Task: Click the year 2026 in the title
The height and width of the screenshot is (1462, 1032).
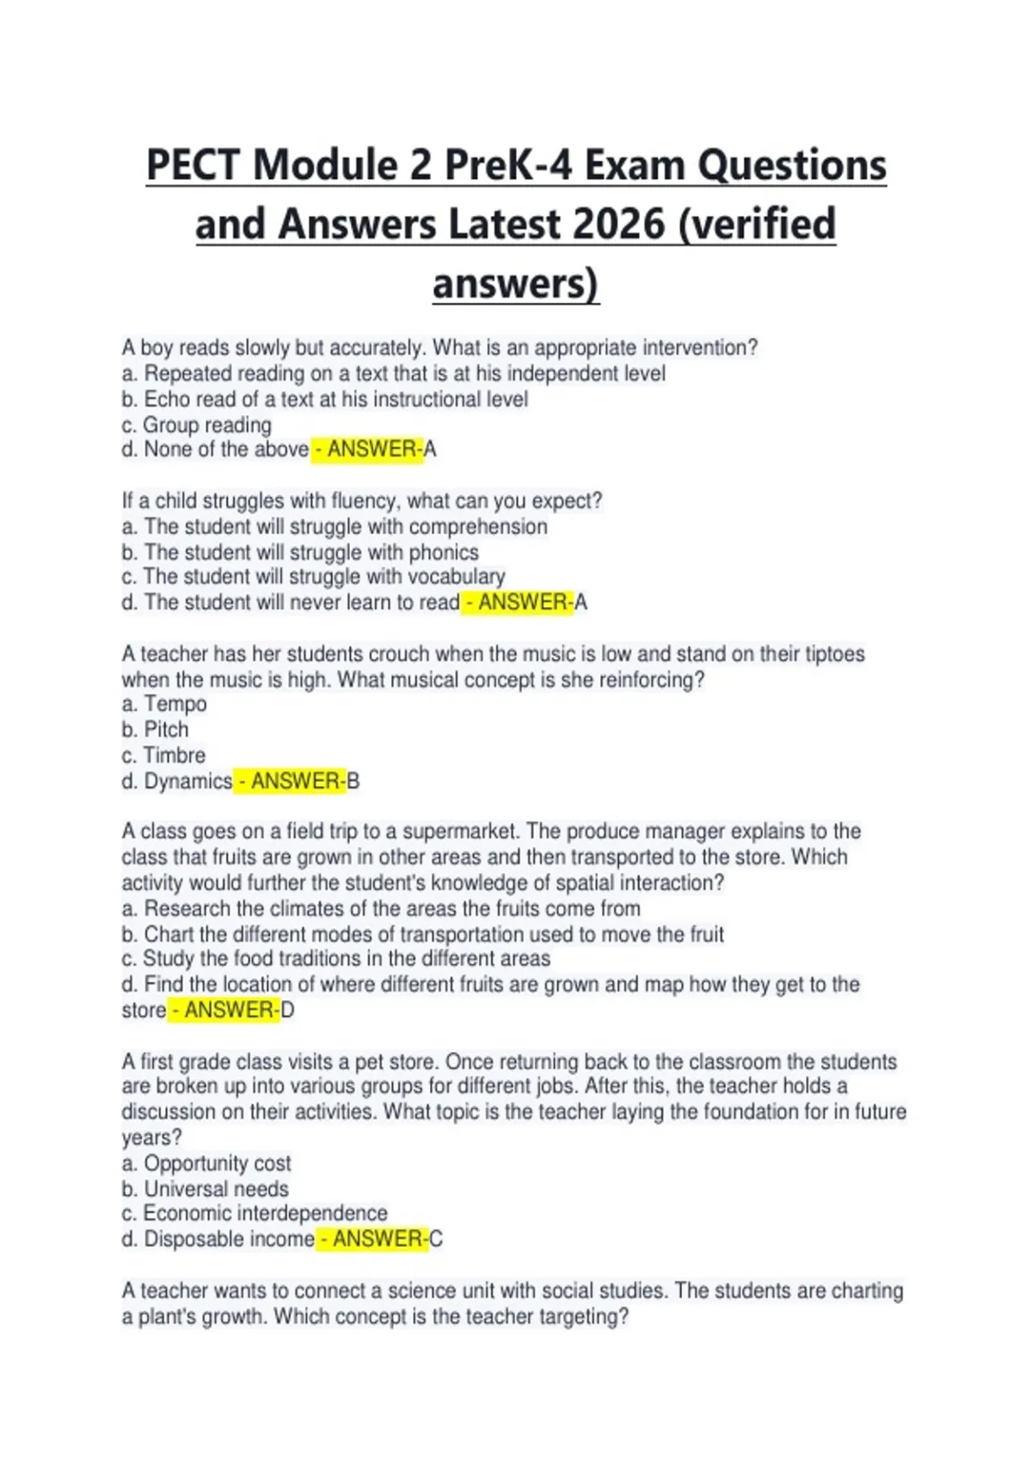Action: coord(617,224)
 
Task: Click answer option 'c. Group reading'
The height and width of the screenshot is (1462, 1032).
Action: coord(196,425)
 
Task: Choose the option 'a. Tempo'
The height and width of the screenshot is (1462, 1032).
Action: coord(164,704)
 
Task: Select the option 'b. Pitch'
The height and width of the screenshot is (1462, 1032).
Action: coord(155,730)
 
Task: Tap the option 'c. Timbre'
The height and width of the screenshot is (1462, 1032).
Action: coord(163,756)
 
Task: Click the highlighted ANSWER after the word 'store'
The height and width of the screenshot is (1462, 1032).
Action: coord(224,1010)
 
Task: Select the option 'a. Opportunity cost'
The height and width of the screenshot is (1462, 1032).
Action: coord(206,1164)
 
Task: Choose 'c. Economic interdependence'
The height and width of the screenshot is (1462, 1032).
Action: coord(255,1213)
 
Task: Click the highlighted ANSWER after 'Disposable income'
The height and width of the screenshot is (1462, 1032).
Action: coord(373,1239)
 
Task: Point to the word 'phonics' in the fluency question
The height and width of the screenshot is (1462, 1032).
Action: coord(445,552)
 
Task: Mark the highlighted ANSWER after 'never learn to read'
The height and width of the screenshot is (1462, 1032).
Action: coord(519,602)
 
